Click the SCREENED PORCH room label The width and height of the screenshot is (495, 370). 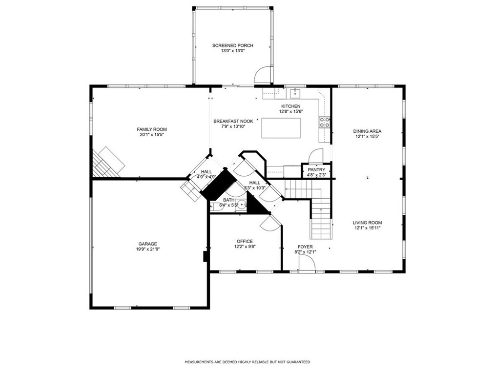[232, 45]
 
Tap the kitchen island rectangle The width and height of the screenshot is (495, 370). [281, 128]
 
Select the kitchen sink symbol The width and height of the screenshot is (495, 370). [295, 93]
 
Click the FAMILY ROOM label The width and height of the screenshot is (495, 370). [152, 129]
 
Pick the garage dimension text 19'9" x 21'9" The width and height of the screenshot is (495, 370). [148, 249]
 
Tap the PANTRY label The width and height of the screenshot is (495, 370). [316, 170]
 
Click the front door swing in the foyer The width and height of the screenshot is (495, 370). [307, 263]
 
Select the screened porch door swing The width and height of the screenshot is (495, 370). [263, 75]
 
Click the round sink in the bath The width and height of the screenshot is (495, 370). [242, 205]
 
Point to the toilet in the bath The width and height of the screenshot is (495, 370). [217, 207]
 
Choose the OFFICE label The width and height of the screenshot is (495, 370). [245, 241]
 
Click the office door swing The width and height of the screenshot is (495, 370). [270, 223]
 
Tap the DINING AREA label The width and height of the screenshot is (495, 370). [367, 131]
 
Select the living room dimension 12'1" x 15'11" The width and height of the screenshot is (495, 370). [367, 227]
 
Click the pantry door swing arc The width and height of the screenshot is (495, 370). [316, 155]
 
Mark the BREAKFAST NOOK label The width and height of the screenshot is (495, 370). [233, 121]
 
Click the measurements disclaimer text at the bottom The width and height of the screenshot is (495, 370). [247, 362]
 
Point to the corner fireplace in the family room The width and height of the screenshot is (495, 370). [108, 162]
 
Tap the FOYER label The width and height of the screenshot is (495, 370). [305, 247]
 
